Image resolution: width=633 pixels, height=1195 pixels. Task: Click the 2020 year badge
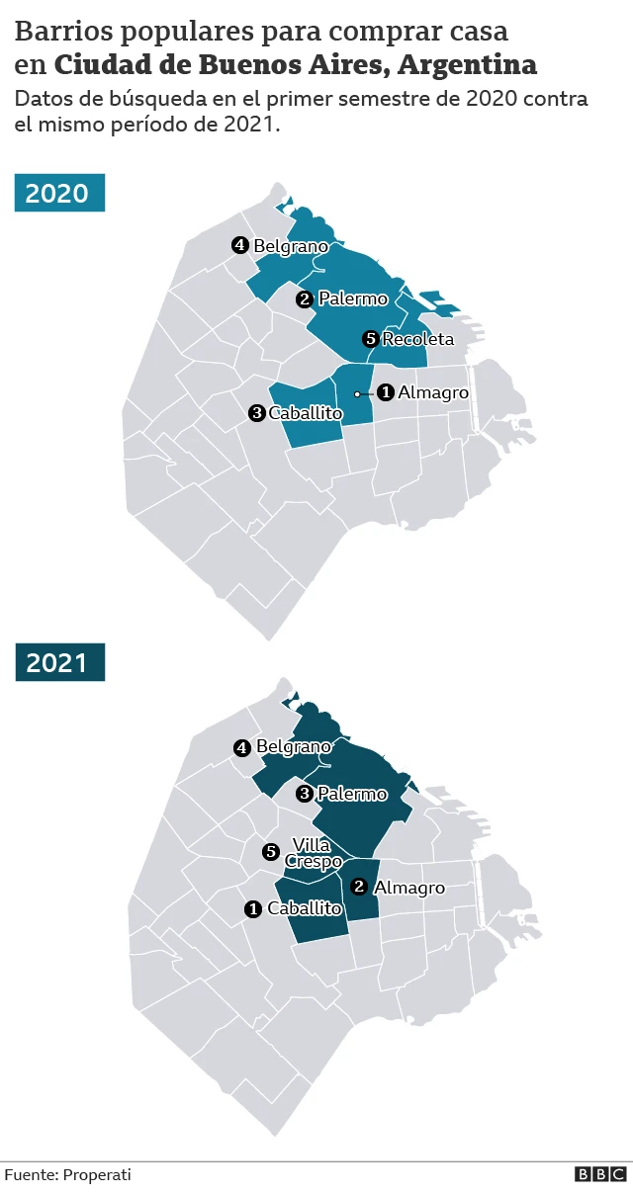click(x=59, y=193)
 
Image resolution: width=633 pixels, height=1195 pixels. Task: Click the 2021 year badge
click(x=59, y=662)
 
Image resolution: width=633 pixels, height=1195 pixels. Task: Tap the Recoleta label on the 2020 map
click(x=417, y=339)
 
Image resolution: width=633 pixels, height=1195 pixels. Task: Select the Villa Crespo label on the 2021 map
click(x=307, y=853)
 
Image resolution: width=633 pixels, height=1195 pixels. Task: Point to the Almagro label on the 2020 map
click(x=433, y=392)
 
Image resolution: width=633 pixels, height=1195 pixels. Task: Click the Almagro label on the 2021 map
click(x=409, y=888)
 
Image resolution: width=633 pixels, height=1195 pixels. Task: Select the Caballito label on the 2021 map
click(x=305, y=908)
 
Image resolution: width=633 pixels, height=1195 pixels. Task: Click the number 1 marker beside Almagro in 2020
click(x=386, y=392)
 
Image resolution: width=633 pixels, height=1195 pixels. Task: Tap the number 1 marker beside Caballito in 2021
click(x=253, y=908)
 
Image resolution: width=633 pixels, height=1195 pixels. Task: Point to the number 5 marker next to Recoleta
click(x=371, y=339)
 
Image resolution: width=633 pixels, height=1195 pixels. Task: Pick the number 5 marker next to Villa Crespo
click(x=271, y=852)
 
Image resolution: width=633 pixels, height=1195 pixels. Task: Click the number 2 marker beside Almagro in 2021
click(x=360, y=887)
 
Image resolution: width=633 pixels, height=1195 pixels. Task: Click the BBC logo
click(x=600, y=1174)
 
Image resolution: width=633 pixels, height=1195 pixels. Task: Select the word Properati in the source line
click(x=97, y=1174)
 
